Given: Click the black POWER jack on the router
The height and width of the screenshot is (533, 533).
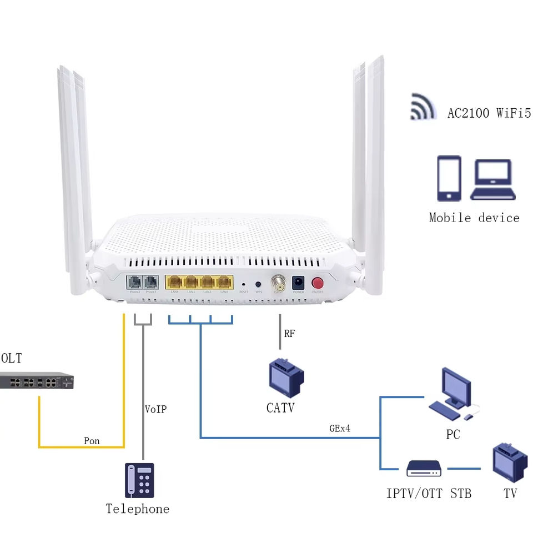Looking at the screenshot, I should [298, 282].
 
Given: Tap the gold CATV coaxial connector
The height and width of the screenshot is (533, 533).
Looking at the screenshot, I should [277, 283].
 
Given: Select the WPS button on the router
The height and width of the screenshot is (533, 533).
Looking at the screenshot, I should [258, 284].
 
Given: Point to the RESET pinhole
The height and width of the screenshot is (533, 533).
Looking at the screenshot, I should [244, 284].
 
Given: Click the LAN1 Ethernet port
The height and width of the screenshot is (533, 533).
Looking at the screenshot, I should [224, 281].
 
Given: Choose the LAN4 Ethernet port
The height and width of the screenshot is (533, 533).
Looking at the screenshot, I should [175, 281].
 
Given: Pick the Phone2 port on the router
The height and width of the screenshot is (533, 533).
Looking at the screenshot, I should [135, 281].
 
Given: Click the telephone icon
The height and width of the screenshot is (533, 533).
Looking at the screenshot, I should [139, 480].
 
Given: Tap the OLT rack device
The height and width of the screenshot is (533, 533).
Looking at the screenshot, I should [37, 381].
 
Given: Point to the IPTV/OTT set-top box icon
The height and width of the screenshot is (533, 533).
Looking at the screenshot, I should [424, 469].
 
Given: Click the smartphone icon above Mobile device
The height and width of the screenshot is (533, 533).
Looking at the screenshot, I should [449, 178].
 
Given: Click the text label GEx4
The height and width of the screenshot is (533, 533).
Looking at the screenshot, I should [339, 429].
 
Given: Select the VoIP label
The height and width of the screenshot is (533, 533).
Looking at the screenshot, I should [155, 409].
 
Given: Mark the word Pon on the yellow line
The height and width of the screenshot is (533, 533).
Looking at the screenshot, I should [92, 441].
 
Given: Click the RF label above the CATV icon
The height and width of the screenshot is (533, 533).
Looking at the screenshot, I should [289, 334].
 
